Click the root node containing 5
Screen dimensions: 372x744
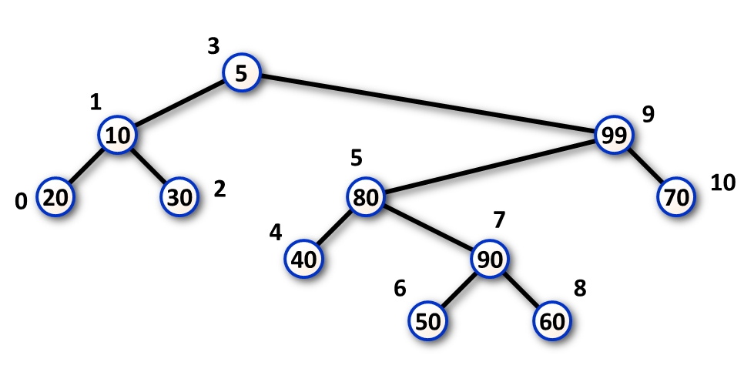[x=242, y=73]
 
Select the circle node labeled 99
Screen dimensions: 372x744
[x=615, y=136]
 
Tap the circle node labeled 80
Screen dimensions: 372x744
[x=366, y=197]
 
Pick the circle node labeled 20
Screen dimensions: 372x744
[x=55, y=197]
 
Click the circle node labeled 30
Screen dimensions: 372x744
[x=179, y=197]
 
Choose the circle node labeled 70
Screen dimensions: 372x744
[x=676, y=197]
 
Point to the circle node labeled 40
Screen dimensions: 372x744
[x=304, y=259]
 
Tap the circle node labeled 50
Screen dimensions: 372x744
[x=427, y=320]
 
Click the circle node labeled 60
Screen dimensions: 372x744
[x=552, y=320]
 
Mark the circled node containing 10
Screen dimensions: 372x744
[x=117, y=136]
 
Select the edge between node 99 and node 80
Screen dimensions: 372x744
[x=490, y=166]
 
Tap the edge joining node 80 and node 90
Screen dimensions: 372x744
[x=427, y=228]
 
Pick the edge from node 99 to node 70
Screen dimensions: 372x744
[x=645, y=166]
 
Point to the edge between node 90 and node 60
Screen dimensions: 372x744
[x=521, y=290]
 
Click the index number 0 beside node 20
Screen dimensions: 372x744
[x=22, y=202]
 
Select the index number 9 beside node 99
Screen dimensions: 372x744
[x=648, y=115]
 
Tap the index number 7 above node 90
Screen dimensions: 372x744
[x=499, y=220]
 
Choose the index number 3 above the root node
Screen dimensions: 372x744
[x=213, y=46]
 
